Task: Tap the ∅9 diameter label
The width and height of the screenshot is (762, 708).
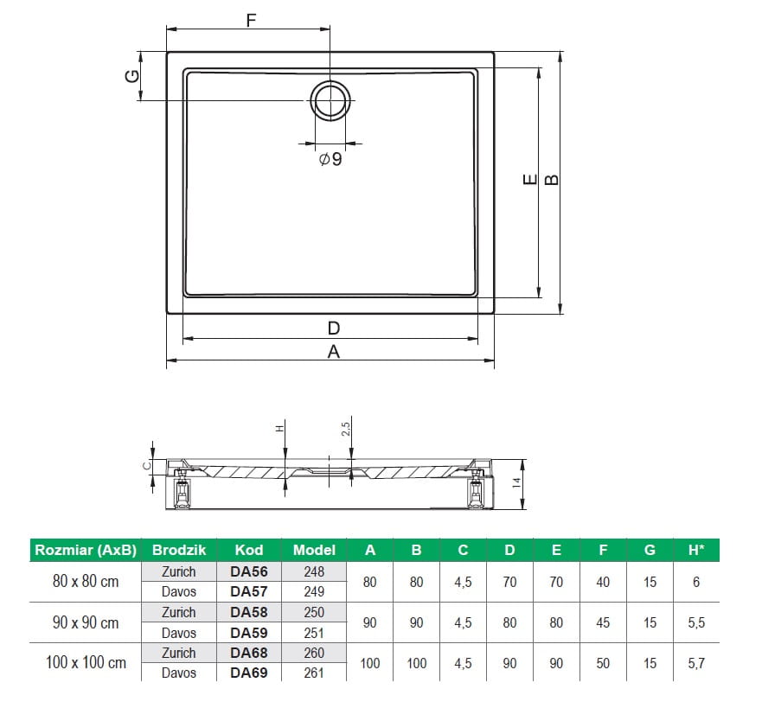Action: [x=330, y=159]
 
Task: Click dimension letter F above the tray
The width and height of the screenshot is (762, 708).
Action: [x=251, y=21]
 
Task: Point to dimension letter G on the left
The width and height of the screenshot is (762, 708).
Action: [x=132, y=76]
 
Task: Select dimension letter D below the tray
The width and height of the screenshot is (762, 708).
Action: [x=333, y=328]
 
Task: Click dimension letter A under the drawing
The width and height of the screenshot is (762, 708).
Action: [x=333, y=351]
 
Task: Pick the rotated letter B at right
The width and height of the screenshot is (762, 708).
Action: [x=552, y=180]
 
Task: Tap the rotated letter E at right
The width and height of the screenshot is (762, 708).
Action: [x=530, y=180]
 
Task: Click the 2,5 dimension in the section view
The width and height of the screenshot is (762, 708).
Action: [x=345, y=429]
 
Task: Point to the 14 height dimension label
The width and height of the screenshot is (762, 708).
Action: [x=516, y=482]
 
